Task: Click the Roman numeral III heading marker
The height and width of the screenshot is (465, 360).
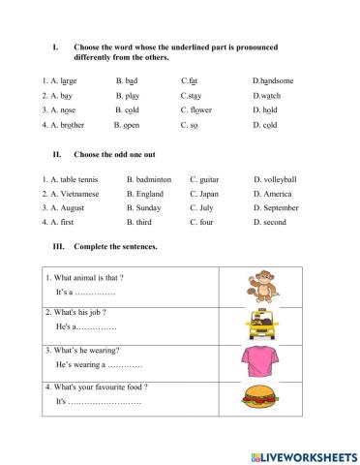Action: tap(57, 246)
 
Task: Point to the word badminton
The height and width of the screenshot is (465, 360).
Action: tap(152, 179)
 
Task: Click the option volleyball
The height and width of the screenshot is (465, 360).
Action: tap(278, 179)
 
